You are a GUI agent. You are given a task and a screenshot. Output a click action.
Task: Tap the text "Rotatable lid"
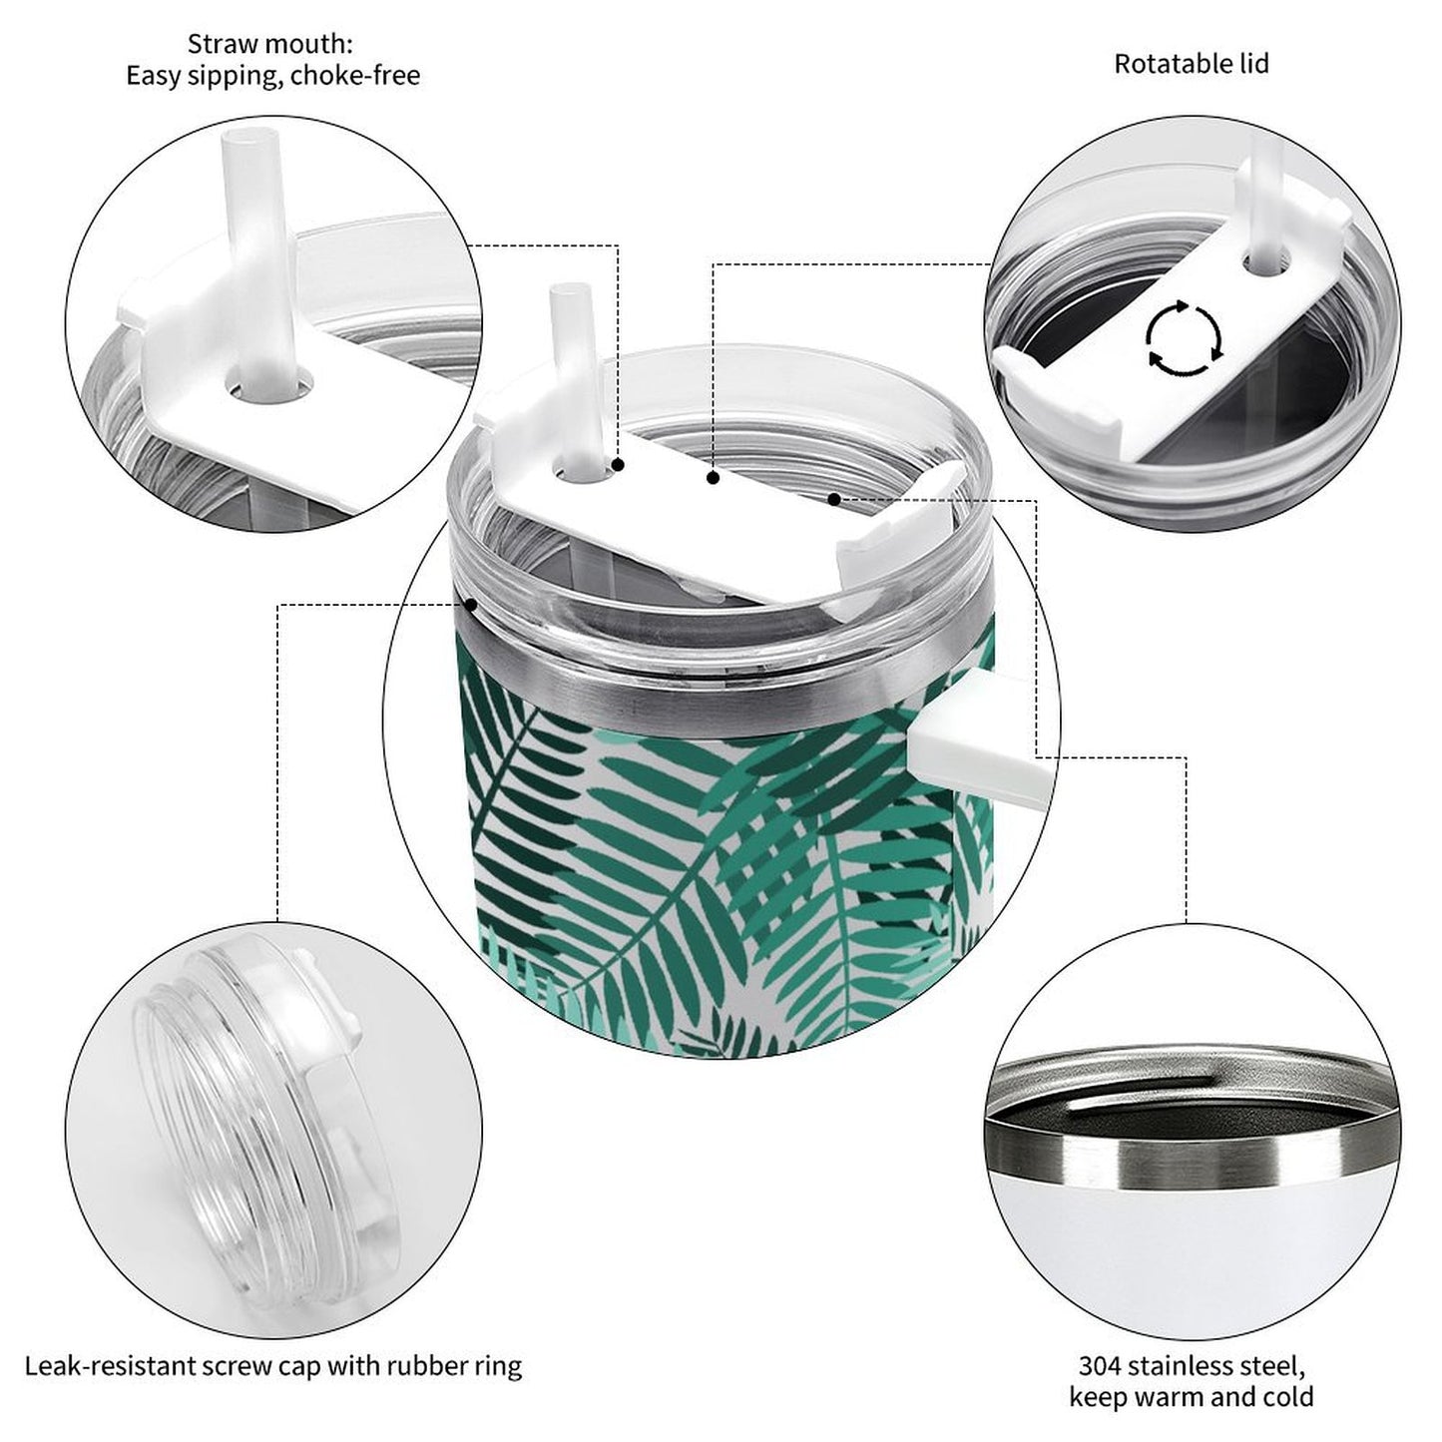tap(1191, 64)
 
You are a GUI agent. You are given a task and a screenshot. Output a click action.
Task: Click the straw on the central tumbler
tap(567, 369)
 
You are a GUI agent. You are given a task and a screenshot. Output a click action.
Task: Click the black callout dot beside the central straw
tap(619, 465)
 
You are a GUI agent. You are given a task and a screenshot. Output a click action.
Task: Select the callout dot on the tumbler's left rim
tap(470, 603)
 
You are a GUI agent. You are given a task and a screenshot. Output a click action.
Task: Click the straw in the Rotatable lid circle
tap(1255, 200)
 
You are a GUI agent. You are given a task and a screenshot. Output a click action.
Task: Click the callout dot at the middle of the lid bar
tap(713, 479)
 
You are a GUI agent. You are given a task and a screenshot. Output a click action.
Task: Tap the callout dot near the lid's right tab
tap(833, 497)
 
